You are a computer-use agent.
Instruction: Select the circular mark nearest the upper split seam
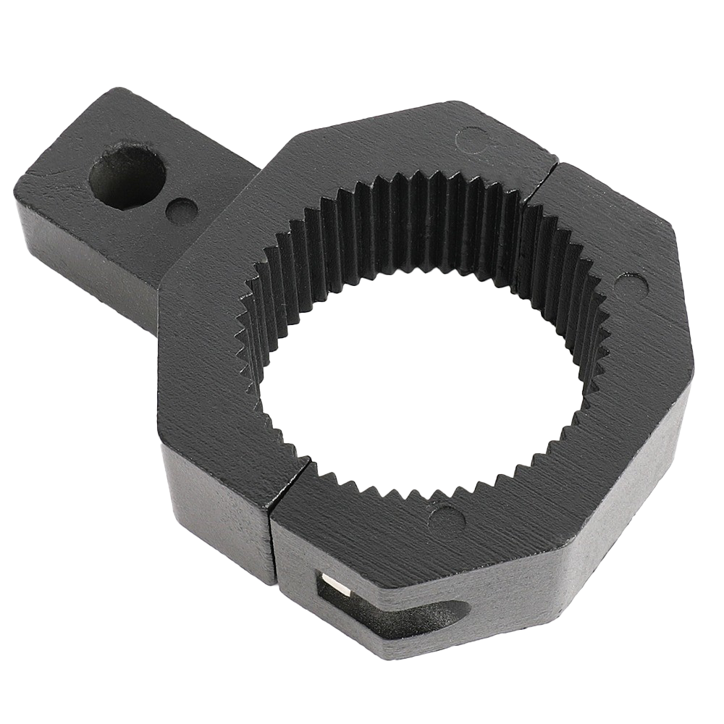[x=474, y=138]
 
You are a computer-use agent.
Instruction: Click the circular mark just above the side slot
[x=445, y=518]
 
